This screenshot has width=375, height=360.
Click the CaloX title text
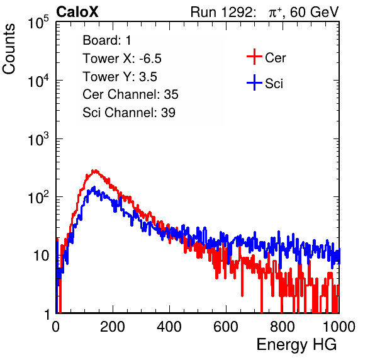(x=77, y=12)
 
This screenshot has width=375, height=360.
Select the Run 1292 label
(x=221, y=12)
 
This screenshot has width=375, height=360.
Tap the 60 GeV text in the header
(x=315, y=12)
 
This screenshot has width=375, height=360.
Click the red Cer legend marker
(x=254, y=57)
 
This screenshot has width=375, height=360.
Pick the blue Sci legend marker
(x=254, y=82)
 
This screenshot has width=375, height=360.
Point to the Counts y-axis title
(x=9, y=49)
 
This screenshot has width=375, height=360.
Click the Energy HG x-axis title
(x=296, y=345)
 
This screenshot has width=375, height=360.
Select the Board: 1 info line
(x=107, y=40)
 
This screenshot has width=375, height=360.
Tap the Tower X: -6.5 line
(x=122, y=59)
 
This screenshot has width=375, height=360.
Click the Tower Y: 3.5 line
(x=120, y=77)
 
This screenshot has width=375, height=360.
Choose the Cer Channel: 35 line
(x=130, y=94)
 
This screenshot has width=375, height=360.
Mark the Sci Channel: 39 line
(x=129, y=113)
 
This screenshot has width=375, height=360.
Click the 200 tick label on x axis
(x=113, y=327)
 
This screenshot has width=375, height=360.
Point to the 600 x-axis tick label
(x=226, y=327)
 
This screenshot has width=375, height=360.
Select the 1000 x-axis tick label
(x=339, y=327)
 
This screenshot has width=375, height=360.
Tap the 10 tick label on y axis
(x=41, y=256)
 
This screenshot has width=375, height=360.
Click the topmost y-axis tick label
(x=38, y=22)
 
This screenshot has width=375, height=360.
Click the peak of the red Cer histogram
(x=96, y=171)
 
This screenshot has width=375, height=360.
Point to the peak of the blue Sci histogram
(x=94, y=187)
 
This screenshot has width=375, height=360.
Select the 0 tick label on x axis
(x=56, y=327)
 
